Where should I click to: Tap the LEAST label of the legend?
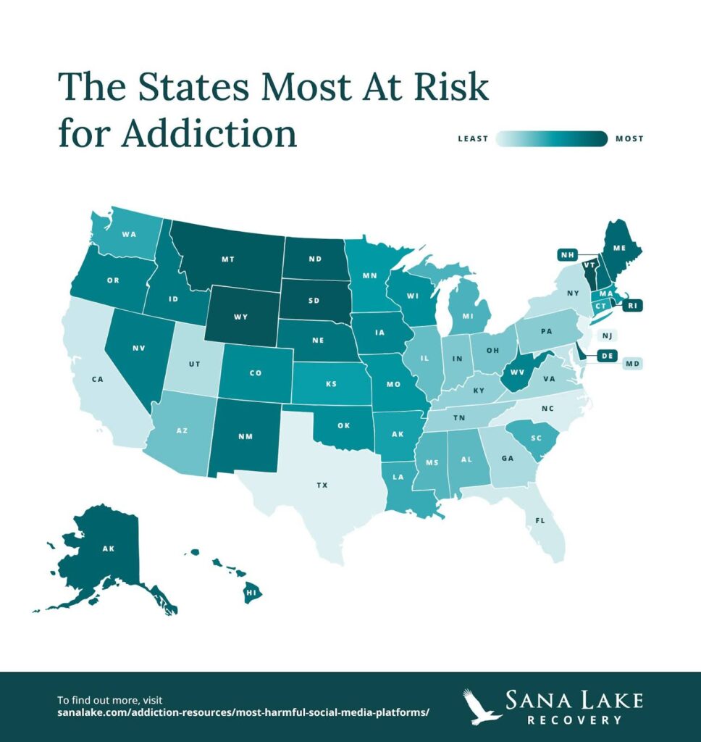pyautogui.click(x=473, y=138)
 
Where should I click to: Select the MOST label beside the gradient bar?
pyautogui.click(x=629, y=138)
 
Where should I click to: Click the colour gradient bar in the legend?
pyautogui.click(x=551, y=138)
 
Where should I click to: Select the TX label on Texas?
pyautogui.click(x=322, y=485)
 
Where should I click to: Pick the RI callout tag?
pyautogui.click(x=631, y=306)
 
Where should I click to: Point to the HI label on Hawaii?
pyautogui.click(x=251, y=592)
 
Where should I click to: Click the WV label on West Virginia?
pyautogui.click(x=516, y=372)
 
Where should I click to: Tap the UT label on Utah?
pyautogui.click(x=195, y=364)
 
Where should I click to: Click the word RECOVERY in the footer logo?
pyautogui.click(x=575, y=720)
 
